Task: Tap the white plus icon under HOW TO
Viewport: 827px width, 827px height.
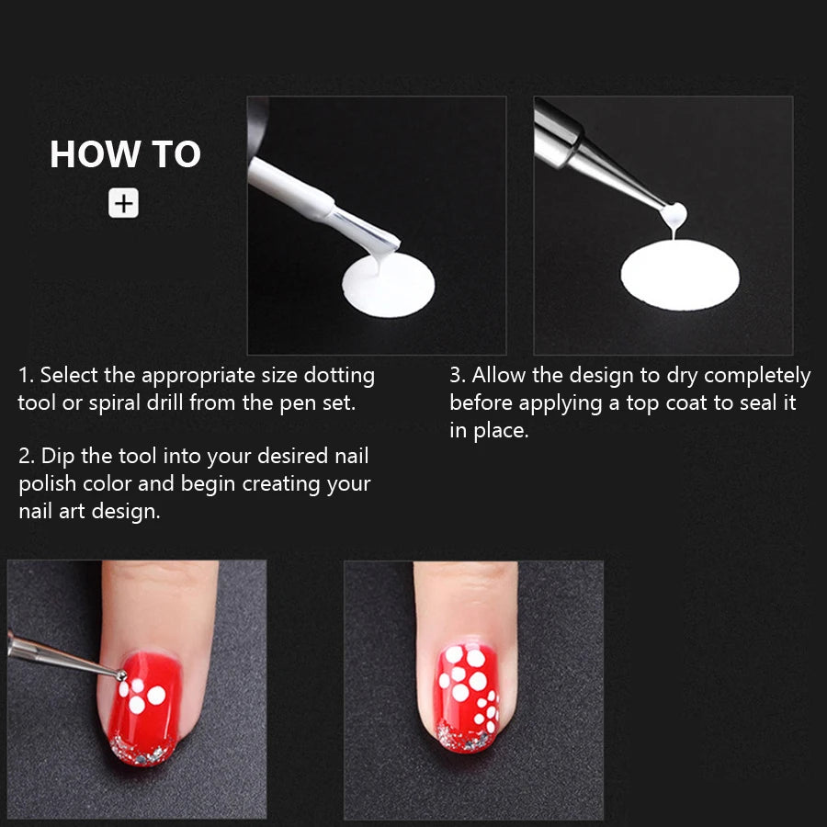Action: pyautogui.click(x=123, y=204)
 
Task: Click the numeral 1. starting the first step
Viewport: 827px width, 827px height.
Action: pyautogui.click(x=27, y=375)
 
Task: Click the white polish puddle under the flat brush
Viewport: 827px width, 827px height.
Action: pyautogui.click(x=386, y=287)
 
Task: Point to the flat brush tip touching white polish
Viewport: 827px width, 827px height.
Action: pyautogui.click(x=382, y=242)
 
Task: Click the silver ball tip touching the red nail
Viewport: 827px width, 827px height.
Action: pyautogui.click(x=121, y=675)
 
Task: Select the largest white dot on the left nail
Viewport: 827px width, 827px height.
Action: pyautogui.click(x=156, y=695)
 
